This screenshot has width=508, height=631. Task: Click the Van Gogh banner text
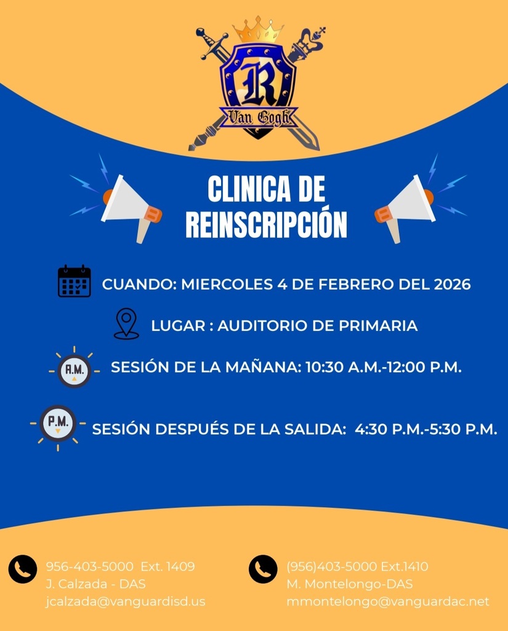(259, 117)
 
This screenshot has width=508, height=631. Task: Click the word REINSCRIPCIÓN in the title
(266, 226)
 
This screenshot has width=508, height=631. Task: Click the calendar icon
(75, 282)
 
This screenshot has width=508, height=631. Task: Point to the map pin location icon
(126, 324)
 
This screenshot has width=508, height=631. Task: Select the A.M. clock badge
(74, 370)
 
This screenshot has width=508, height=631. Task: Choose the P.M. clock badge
(57, 423)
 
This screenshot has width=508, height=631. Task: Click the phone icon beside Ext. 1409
(23, 569)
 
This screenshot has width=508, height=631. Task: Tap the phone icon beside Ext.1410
(263, 569)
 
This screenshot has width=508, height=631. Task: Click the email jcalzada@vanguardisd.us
(126, 601)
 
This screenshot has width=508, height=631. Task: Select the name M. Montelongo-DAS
(350, 584)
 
